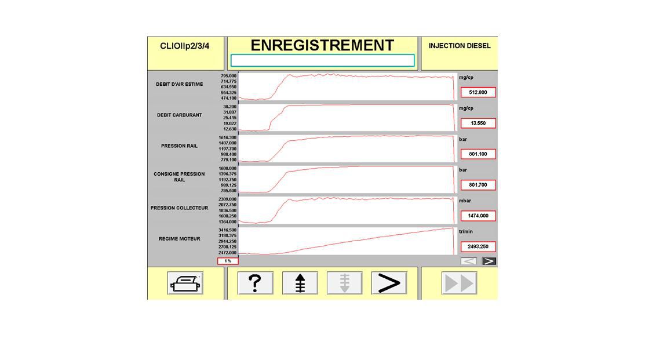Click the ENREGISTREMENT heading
[x=322, y=45]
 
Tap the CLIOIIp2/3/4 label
[x=184, y=46]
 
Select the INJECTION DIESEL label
[x=460, y=46]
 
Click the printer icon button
[x=185, y=283]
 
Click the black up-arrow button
[x=300, y=283]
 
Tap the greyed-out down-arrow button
[x=344, y=283]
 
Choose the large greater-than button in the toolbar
[x=389, y=283]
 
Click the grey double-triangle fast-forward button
[x=459, y=283]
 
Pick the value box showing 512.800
[x=478, y=92]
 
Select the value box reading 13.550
[x=478, y=123]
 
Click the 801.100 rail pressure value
[x=478, y=154]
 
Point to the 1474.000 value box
[x=478, y=216]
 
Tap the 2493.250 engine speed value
[x=478, y=246]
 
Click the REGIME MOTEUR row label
[x=180, y=239]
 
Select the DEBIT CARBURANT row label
[x=180, y=115]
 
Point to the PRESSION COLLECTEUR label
[x=180, y=208]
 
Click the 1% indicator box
[x=228, y=261]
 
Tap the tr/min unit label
[x=466, y=231]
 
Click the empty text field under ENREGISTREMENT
[x=323, y=61]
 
